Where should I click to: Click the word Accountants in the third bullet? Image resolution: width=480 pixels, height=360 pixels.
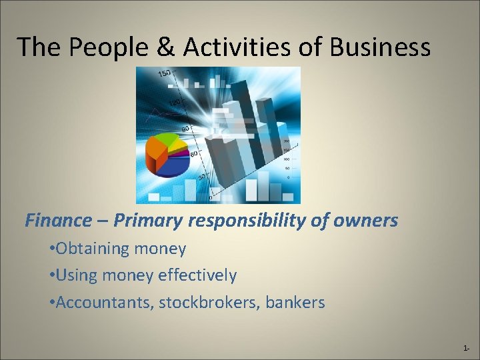[101, 303]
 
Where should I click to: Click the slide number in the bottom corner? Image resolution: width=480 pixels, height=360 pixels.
[465, 349]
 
